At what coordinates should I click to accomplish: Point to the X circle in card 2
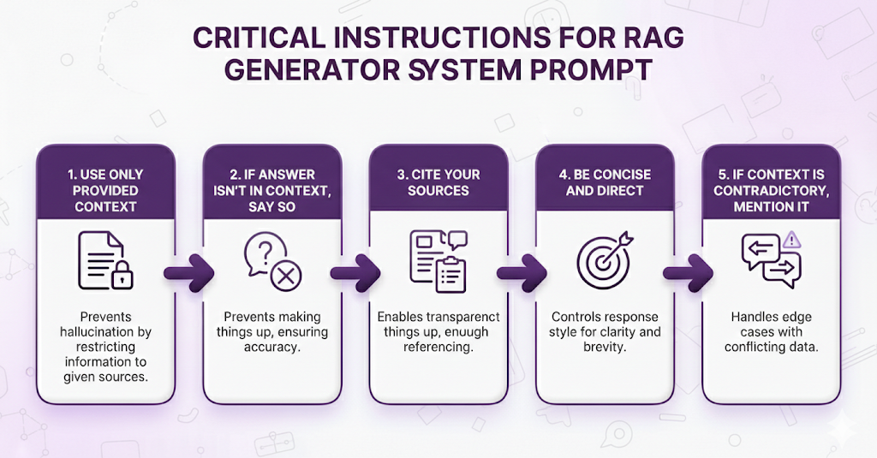pyautogui.click(x=285, y=276)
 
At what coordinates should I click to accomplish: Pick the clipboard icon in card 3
pyautogui.click(x=450, y=275)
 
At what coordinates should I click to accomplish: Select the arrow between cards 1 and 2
pyautogui.click(x=188, y=273)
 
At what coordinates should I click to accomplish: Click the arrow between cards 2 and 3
pyautogui.click(x=355, y=273)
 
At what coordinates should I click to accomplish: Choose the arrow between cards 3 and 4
pyautogui.click(x=522, y=273)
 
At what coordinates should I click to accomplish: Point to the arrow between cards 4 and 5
pyautogui.click(x=687, y=273)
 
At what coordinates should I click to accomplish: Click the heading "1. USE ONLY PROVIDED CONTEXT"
pyautogui.click(x=106, y=190)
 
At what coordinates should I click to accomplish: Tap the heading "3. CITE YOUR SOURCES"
pyautogui.click(x=438, y=182)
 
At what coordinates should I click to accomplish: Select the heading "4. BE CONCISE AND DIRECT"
pyautogui.click(x=605, y=182)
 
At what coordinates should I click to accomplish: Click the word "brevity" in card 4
pyautogui.click(x=605, y=348)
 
